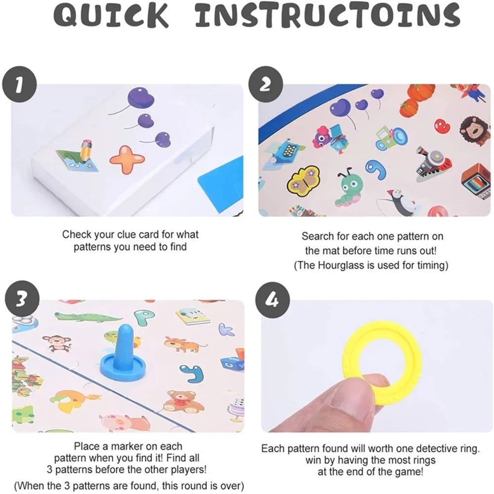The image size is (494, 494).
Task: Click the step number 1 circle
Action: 20,84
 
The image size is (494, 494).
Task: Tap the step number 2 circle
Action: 265,84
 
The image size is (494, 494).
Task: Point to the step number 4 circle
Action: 273,300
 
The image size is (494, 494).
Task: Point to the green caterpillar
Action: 348,188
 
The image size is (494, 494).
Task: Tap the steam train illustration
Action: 433,164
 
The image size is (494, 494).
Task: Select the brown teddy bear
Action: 182,401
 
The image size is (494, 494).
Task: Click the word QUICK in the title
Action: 110,15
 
